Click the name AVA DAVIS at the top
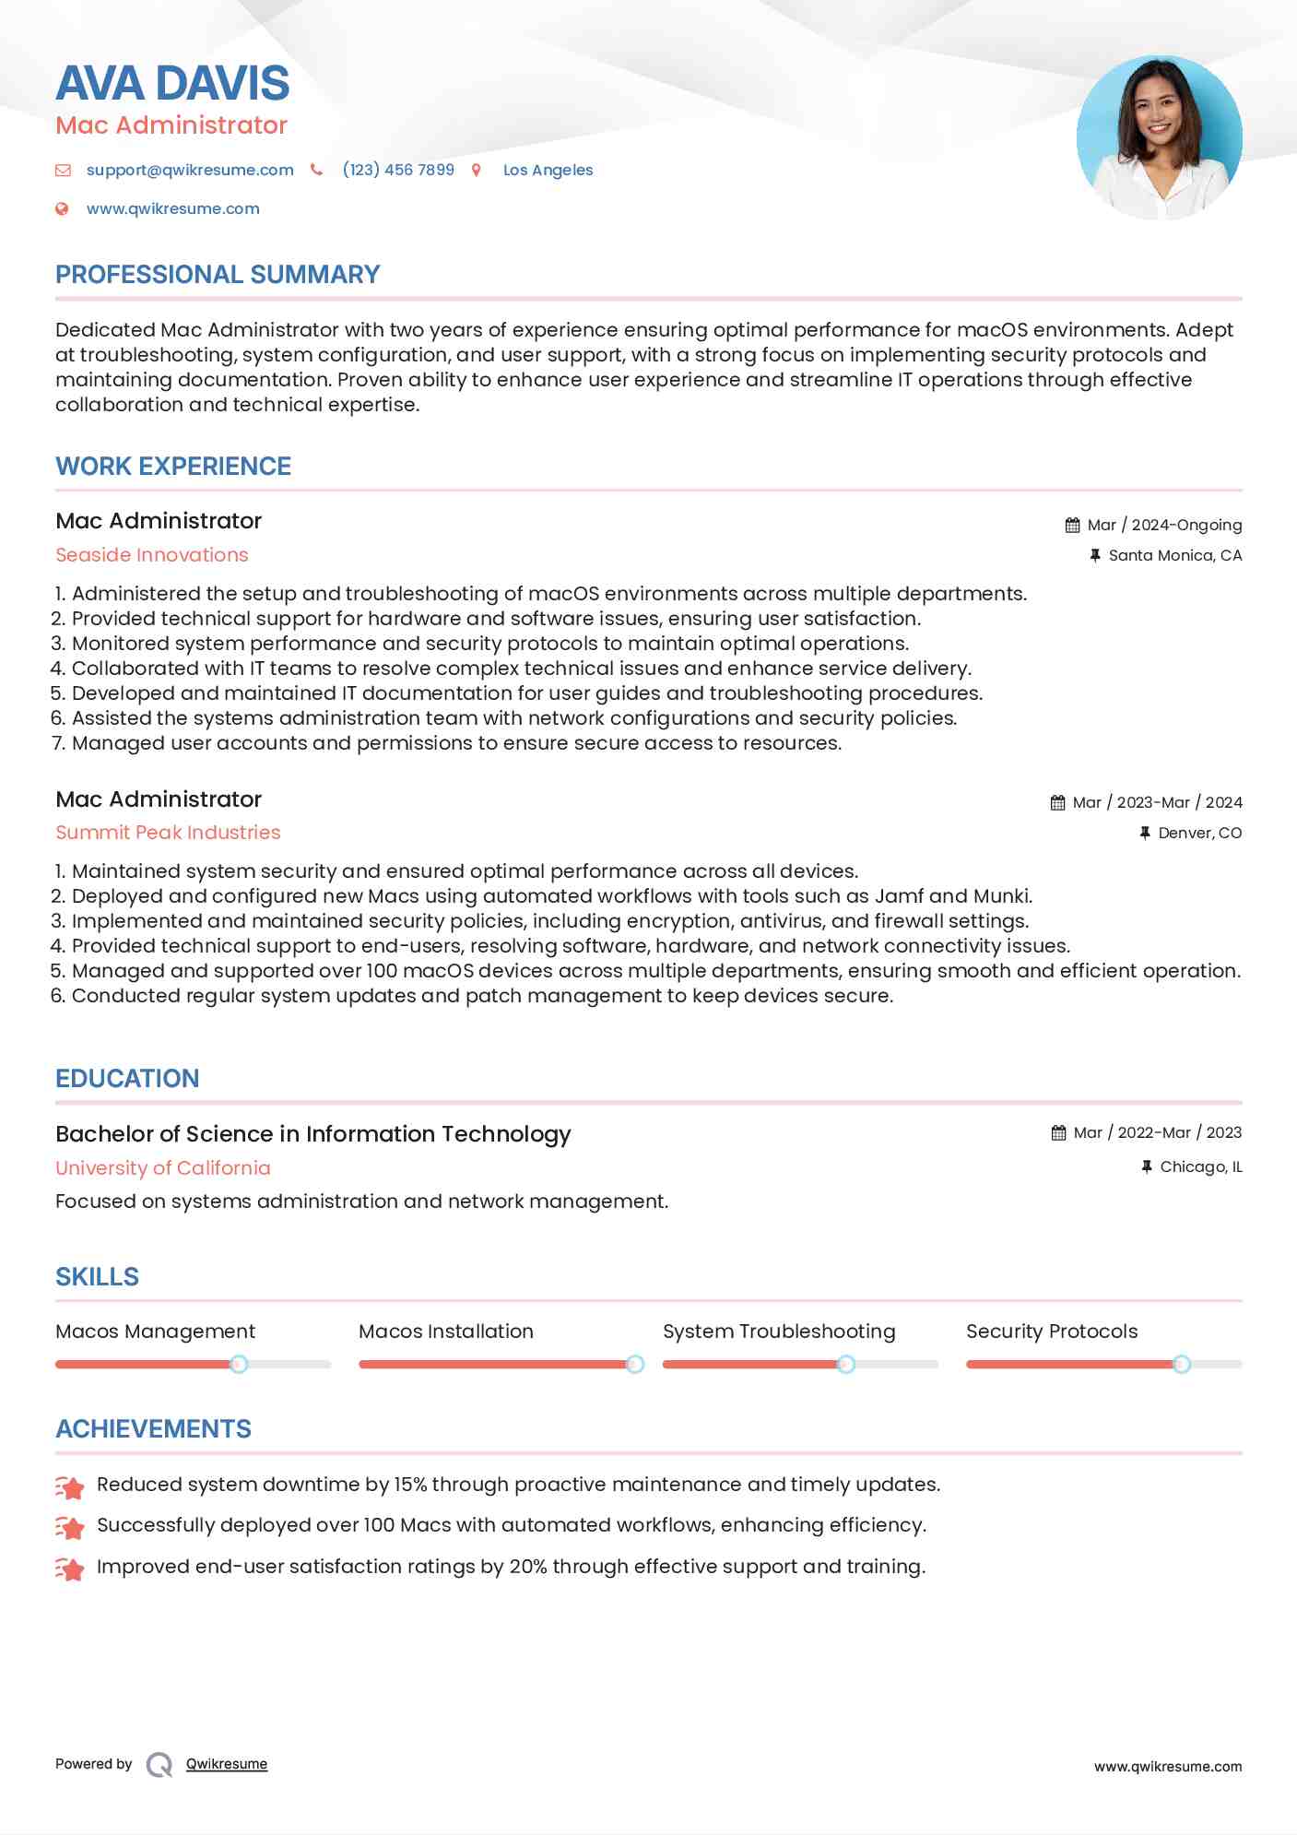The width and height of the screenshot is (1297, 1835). [x=172, y=83]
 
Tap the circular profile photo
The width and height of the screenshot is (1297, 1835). [x=1159, y=137]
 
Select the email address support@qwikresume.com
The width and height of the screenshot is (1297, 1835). [x=190, y=170]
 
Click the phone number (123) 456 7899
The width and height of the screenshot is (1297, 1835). [x=398, y=170]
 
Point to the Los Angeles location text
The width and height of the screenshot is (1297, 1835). [x=548, y=170]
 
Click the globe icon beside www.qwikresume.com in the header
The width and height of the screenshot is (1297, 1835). [x=62, y=208]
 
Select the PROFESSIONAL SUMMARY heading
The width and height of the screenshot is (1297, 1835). [x=218, y=275]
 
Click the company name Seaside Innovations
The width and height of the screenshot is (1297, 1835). [x=152, y=555]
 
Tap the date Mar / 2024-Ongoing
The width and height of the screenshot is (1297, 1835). [x=1164, y=525]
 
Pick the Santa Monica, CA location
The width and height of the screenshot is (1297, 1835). [x=1174, y=555]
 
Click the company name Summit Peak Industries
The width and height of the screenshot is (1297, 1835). [x=168, y=833]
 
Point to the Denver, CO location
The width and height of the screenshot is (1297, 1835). [x=1199, y=833]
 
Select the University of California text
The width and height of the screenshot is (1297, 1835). [x=163, y=1168]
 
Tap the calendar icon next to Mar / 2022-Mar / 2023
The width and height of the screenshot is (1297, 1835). [x=1058, y=1133]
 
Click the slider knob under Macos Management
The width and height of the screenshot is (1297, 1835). [x=239, y=1364]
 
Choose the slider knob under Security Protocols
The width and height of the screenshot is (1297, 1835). [x=1182, y=1364]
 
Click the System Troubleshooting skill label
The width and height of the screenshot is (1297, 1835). [x=779, y=1332]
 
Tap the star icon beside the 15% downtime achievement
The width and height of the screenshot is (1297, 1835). [x=70, y=1486]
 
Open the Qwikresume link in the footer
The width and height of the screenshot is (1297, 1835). [x=227, y=1764]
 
